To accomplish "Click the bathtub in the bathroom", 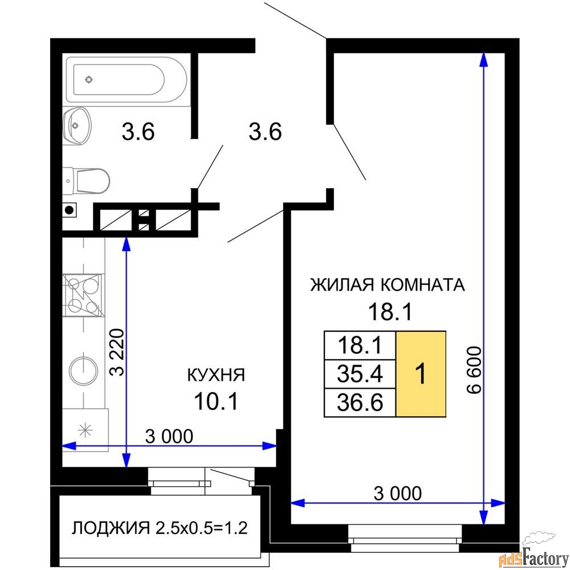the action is pyautogui.click(x=127, y=79).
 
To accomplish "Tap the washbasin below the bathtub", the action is pyautogui.click(x=76, y=126).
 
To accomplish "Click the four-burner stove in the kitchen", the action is pyautogui.click(x=83, y=295).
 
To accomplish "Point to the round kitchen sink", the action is pyautogui.click(x=84, y=371).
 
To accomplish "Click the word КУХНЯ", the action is pyautogui.click(x=216, y=375).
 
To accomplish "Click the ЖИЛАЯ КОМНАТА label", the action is pyautogui.click(x=388, y=284).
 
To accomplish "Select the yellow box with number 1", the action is pyautogui.click(x=421, y=373).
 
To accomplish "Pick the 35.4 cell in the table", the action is pyautogui.click(x=360, y=374).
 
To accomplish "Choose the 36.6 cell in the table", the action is pyautogui.click(x=360, y=402).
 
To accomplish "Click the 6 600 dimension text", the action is pyautogui.click(x=474, y=370).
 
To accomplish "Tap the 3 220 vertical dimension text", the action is pyautogui.click(x=117, y=352).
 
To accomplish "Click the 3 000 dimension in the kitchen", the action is pyautogui.click(x=169, y=436).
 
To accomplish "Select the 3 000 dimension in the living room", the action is pyautogui.click(x=398, y=493).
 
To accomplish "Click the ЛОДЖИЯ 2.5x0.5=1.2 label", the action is pyautogui.click(x=160, y=527).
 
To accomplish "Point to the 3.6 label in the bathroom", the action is pyautogui.click(x=138, y=132).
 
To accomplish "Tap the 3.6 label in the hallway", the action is pyautogui.click(x=265, y=132).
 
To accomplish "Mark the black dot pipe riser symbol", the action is pyautogui.click(x=69, y=210).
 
